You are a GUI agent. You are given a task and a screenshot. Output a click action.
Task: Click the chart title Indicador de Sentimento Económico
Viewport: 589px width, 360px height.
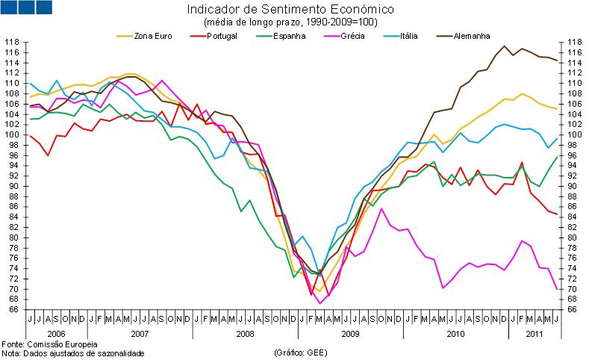[x=290, y=10]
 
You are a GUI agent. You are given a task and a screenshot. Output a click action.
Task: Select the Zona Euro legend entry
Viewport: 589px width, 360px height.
[x=152, y=35]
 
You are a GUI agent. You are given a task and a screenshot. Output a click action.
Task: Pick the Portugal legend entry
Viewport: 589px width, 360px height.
[x=222, y=35]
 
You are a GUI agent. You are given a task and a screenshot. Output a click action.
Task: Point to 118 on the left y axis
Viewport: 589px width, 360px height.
[x=12, y=43]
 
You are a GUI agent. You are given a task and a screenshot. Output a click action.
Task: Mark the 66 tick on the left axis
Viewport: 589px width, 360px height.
[x=14, y=309]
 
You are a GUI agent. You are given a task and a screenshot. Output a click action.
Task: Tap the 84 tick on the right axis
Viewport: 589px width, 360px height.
[x=572, y=217]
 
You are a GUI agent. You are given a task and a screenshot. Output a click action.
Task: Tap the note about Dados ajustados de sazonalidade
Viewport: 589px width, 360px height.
[x=73, y=353]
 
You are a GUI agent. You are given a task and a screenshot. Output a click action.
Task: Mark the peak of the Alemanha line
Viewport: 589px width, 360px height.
[x=505, y=46]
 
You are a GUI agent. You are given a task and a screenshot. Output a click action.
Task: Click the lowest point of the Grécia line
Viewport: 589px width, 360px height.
[x=320, y=303]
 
